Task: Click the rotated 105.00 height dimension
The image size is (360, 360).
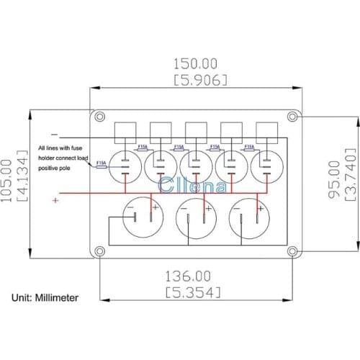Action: (7, 178)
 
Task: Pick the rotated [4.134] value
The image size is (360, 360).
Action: (22, 178)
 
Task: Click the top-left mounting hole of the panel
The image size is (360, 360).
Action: (99, 116)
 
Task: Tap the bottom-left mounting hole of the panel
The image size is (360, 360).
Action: (99, 250)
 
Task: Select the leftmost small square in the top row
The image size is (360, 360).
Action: (127, 131)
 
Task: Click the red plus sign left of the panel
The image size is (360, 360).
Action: (55, 201)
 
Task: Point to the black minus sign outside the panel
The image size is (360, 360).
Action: (55, 135)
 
